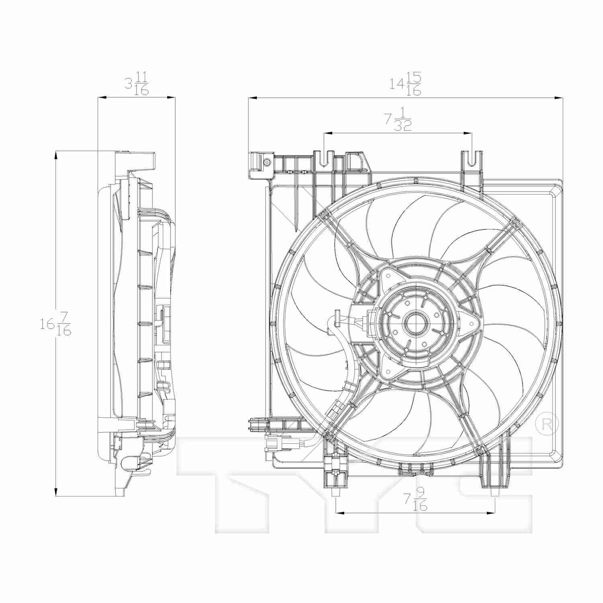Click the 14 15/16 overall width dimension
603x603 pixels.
pos(406,84)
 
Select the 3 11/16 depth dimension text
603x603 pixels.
pos(136,83)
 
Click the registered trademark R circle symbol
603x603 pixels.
pos(548,423)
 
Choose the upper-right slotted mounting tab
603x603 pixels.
pos(472,159)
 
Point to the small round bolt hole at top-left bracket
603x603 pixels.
pos(267,162)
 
